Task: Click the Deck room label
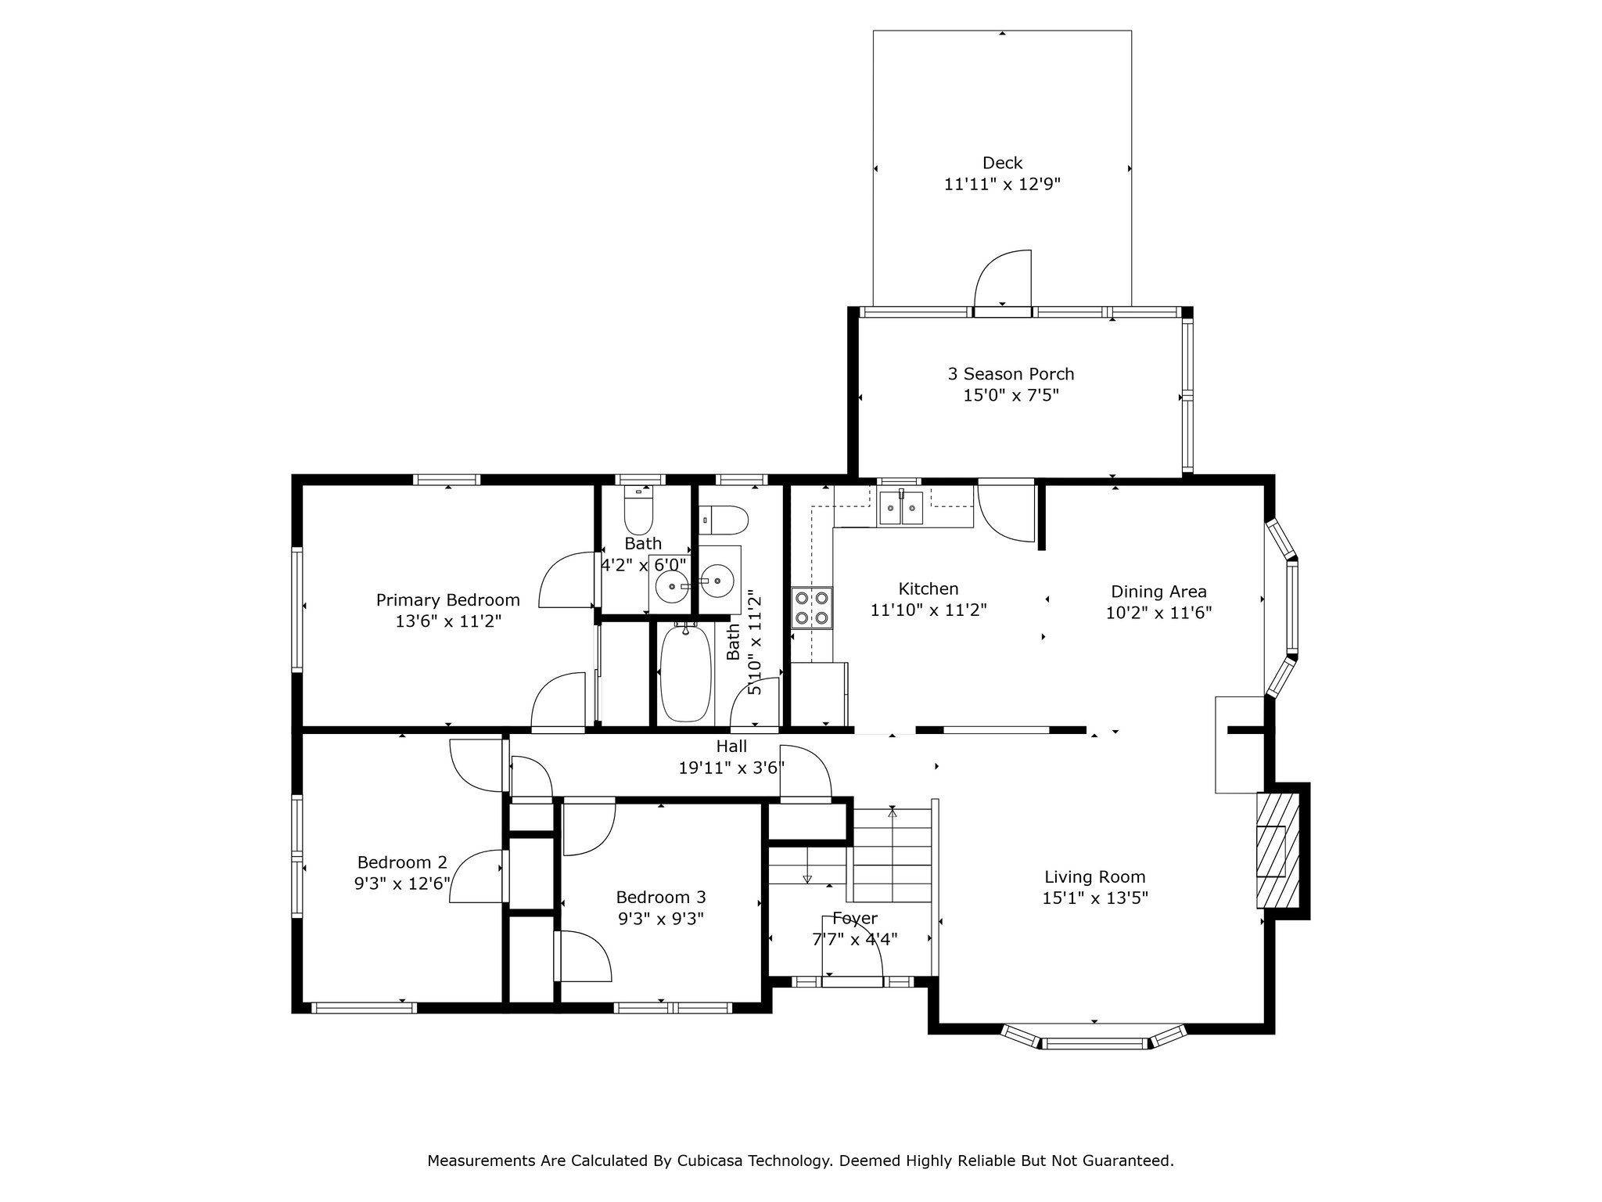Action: [1002, 163]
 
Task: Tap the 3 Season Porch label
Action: [1011, 374]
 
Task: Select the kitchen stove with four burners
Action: [812, 608]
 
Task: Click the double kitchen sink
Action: [901, 507]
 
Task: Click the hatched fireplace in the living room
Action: [1278, 850]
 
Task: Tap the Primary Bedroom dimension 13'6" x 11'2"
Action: [448, 621]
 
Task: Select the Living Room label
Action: [1094, 877]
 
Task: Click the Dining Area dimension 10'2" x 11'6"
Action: [1158, 613]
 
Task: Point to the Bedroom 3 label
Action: [661, 897]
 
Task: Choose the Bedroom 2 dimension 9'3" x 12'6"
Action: [402, 884]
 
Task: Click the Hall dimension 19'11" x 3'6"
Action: [731, 768]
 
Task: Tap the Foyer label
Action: [855, 918]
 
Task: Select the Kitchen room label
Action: [929, 588]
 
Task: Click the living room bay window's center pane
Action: [1094, 1043]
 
